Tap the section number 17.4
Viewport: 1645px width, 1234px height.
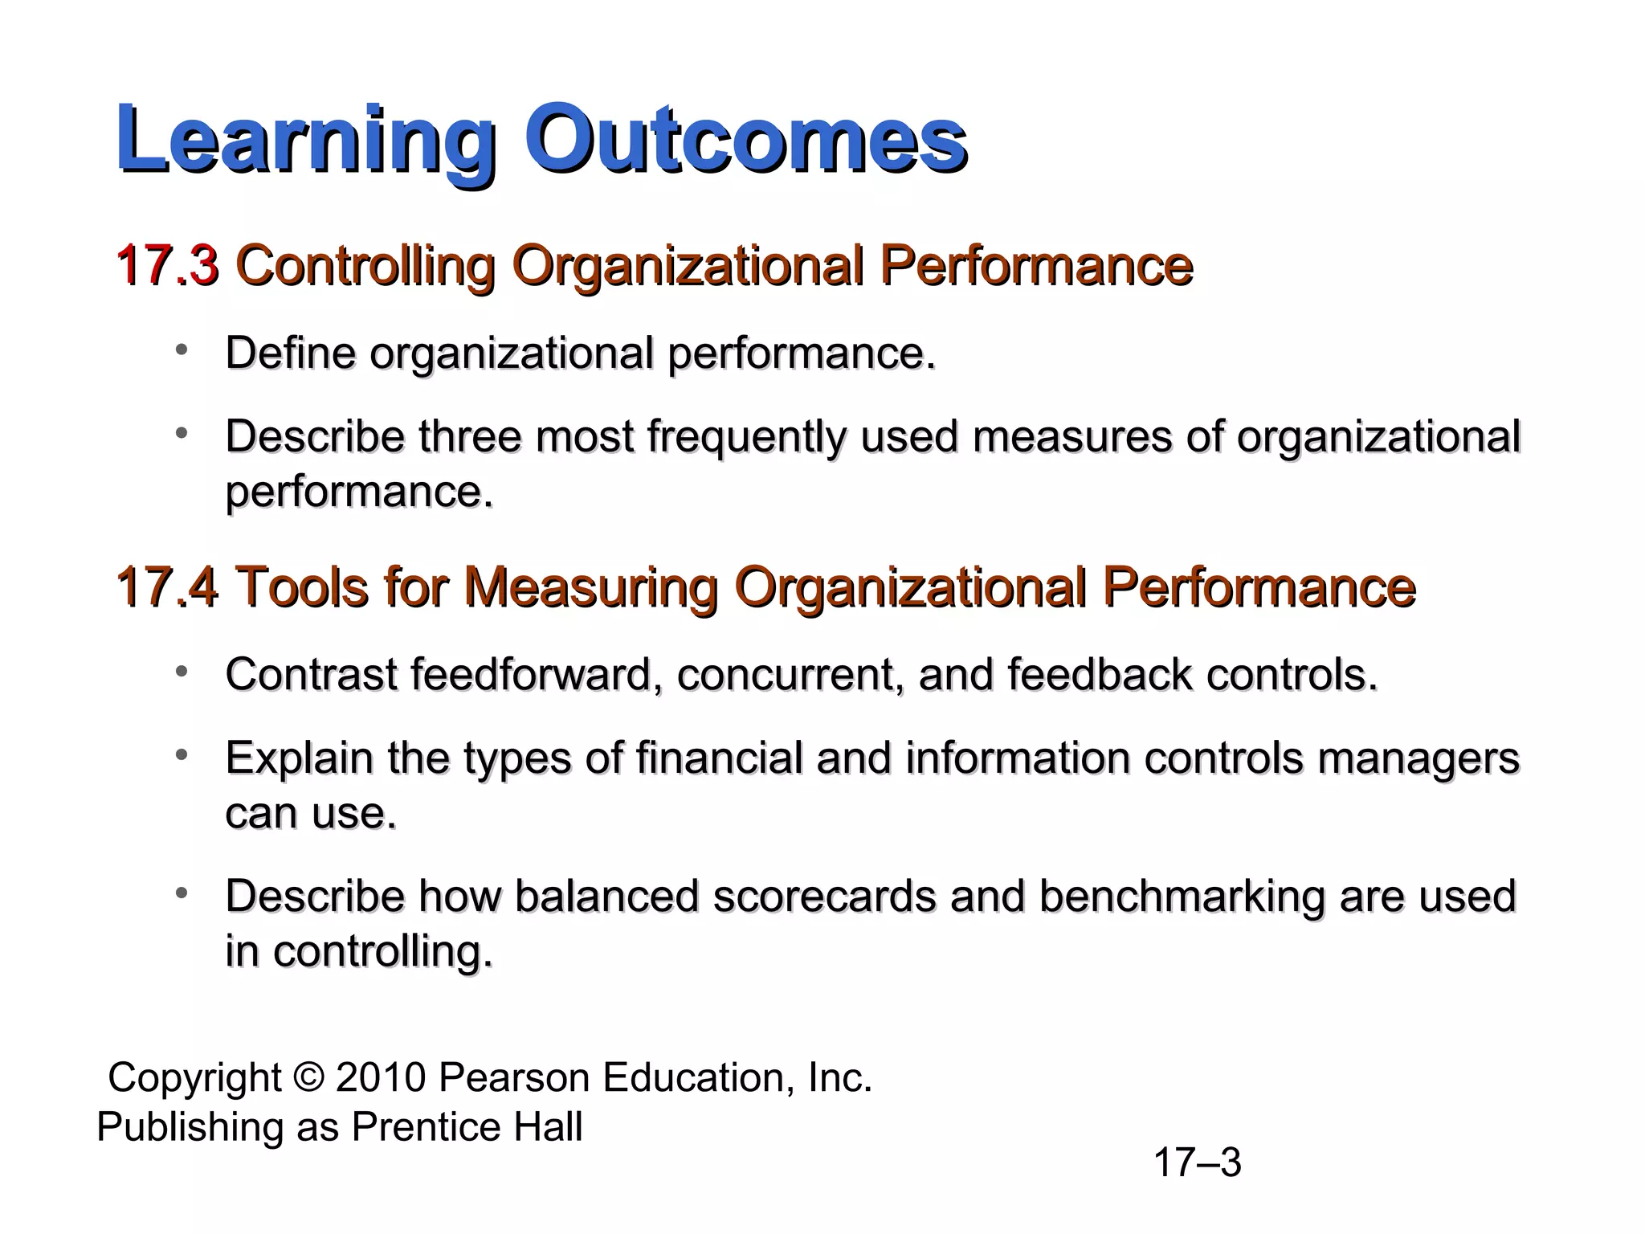[x=167, y=587]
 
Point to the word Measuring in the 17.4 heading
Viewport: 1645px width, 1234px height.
[x=590, y=589]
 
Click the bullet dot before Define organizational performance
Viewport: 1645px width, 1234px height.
[x=182, y=349]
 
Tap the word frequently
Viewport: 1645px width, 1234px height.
[x=746, y=439]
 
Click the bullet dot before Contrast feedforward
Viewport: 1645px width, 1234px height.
[x=182, y=670]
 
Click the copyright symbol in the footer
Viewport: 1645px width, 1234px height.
[x=308, y=1077]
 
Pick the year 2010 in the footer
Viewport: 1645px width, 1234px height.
[x=380, y=1077]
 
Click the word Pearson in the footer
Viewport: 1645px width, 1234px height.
[x=514, y=1077]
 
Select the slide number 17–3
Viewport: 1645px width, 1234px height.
[x=1197, y=1162]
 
